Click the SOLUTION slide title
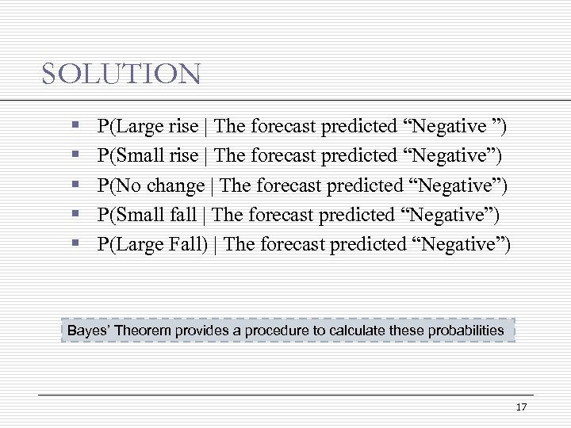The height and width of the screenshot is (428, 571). coord(121,75)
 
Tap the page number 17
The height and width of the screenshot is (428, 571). coord(521,407)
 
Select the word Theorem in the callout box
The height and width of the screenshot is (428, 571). coord(143,330)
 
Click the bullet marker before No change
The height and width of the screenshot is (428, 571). coord(74,186)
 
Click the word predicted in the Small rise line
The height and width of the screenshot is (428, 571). coord(358,155)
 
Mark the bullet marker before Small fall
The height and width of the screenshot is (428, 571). coord(74,216)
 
